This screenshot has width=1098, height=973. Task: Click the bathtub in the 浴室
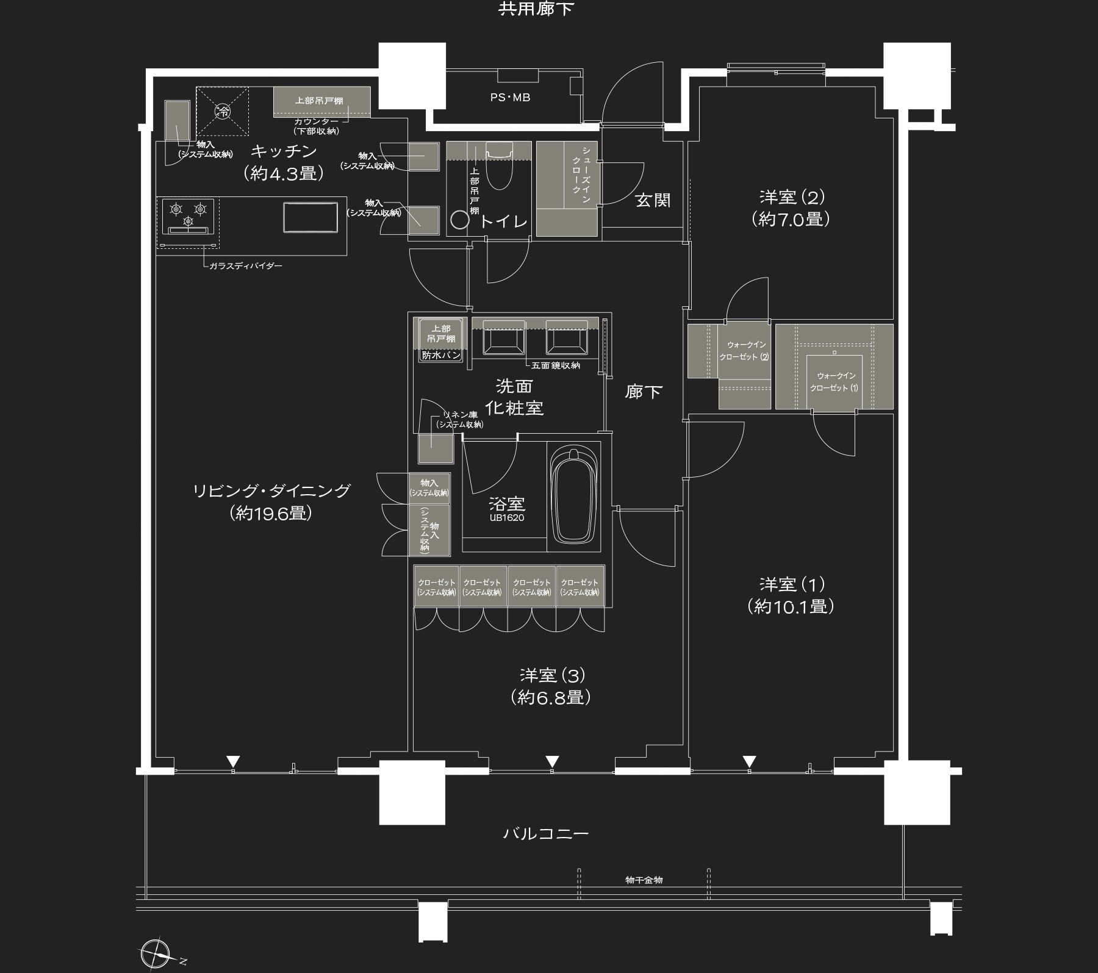pos(573,497)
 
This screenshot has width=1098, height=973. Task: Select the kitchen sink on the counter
pos(310,217)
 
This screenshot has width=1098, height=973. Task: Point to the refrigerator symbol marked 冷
pos(223,111)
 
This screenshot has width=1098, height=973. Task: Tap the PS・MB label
pos(510,97)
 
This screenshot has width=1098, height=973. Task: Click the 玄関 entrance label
pos(653,200)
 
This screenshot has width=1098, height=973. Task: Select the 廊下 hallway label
pos(644,392)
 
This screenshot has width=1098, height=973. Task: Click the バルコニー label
pos(546,833)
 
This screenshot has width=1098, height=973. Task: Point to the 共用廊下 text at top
pos(536,9)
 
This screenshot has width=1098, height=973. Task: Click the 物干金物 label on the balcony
pos(644,880)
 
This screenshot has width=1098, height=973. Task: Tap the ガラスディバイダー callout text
pos(245,266)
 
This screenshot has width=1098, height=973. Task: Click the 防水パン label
pos(441,355)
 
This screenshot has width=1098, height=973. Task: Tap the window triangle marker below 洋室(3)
pos(552,761)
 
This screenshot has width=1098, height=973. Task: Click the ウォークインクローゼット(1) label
pos(834,382)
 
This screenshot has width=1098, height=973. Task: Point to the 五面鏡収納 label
pos(555,365)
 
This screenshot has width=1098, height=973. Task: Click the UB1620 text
pos(506,518)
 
